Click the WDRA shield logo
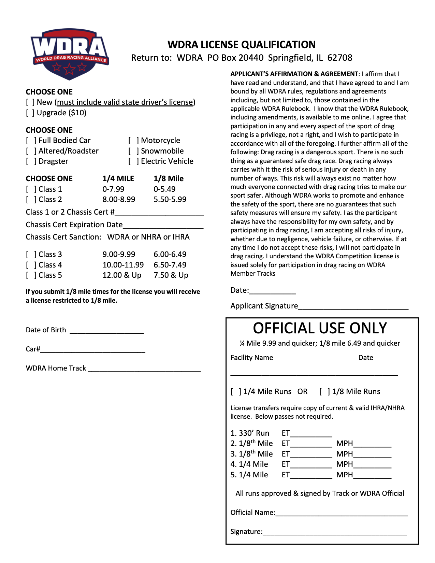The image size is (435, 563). pyautogui.click(x=70, y=54)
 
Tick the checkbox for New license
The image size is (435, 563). pyautogui.click(x=30, y=102)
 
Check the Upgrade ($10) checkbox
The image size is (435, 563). pyautogui.click(x=30, y=113)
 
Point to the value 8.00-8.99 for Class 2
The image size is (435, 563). pyautogui.click(x=119, y=200)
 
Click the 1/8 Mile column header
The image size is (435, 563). pyautogui.click(x=169, y=179)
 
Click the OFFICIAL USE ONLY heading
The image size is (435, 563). pyautogui.click(x=320, y=328)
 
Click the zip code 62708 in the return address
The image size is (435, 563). pyautogui.click(x=340, y=58)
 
